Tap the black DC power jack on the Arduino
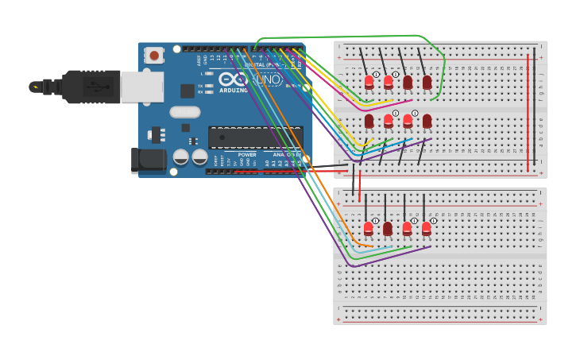click(x=148, y=161)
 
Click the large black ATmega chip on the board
click(x=254, y=137)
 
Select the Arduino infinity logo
click(x=233, y=79)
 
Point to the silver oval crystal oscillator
click(x=184, y=112)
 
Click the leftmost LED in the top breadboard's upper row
click(x=369, y=82)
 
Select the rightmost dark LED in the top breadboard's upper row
click(x=427, y=82)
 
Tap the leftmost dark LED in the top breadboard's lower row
click(x=369, y=121)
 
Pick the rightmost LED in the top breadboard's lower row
click(x=427, y=121)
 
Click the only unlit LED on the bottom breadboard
click(x=388, y=229)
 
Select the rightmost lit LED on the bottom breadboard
click(x=427, y=229)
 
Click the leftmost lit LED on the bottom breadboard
click(x=369, y=229)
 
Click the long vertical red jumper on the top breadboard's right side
click(x=528, y=111)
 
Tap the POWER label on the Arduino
click(x=247, y=155)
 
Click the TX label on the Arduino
click(x=201, y=85)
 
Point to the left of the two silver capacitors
click(x=181, y=157)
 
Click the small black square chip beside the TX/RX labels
click(x=187, y=91)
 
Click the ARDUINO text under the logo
click(x=234, y=90)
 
